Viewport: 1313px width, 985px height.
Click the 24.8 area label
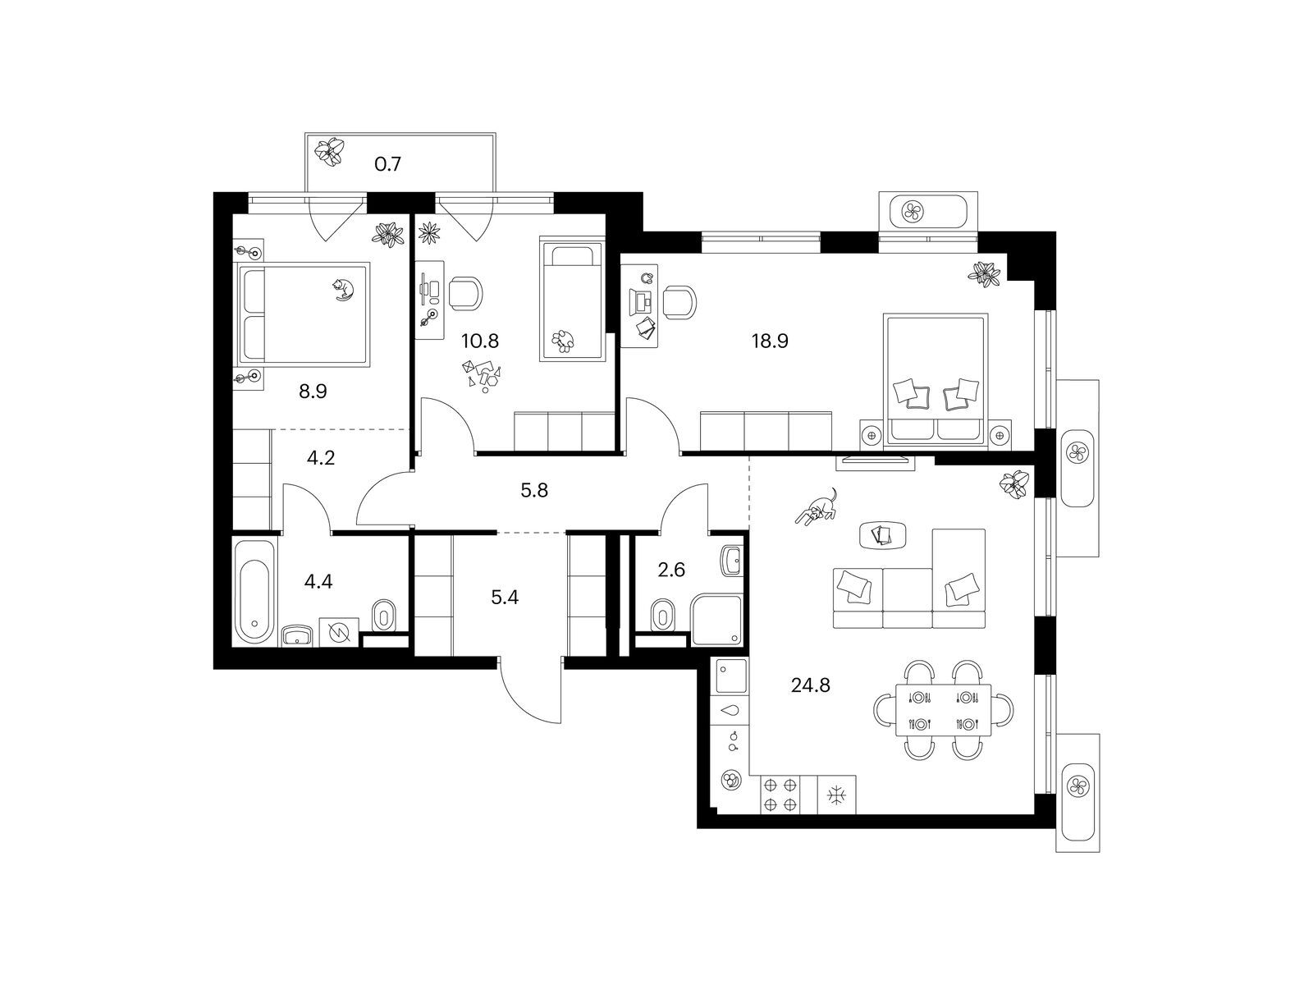810,685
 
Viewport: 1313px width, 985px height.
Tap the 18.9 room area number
769,341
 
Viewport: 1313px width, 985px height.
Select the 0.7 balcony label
387,164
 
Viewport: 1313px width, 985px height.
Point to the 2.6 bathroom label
671,570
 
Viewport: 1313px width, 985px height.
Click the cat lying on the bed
343,290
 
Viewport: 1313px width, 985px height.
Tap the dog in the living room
816,506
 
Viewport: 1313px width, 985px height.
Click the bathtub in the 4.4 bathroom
255,592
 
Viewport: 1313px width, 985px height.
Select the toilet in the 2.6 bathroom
661,614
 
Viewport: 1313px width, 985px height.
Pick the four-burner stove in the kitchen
780,795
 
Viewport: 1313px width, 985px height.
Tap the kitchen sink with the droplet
730,710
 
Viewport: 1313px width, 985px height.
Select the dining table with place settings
944,710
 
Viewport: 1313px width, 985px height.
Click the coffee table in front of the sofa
883,534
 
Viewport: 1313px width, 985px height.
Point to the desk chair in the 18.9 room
680,303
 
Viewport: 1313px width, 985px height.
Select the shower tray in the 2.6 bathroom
716,620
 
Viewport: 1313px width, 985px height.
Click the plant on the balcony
330,151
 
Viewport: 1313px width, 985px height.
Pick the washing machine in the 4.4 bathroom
339,632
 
